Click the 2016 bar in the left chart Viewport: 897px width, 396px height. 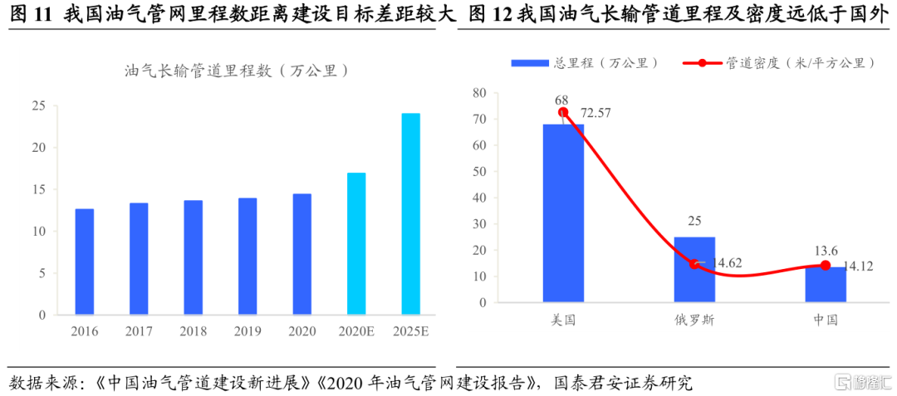(x=85, y=262)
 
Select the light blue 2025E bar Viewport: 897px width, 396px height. (x=410, y=214)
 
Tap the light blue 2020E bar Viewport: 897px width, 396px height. (x=356, y=243)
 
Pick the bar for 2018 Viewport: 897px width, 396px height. (x=193, y=257)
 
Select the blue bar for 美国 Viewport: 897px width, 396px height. (x=563, y=213)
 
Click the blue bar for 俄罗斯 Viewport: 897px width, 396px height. (x=694, y=269)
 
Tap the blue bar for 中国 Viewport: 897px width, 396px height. (x=825, y=284)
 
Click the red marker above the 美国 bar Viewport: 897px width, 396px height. (x=563, y=112)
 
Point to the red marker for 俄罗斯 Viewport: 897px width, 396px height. (x=694, y=264)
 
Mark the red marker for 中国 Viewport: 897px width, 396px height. (x=825, y=266)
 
